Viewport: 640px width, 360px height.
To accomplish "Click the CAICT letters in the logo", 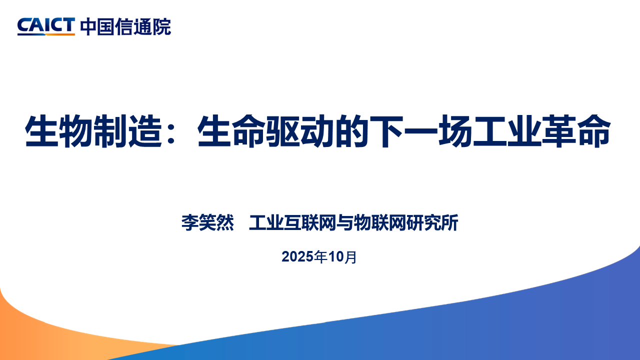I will [46, 26].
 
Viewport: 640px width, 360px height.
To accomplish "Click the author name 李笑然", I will [207, 223].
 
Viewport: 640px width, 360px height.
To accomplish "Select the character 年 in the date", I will [320, 257].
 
